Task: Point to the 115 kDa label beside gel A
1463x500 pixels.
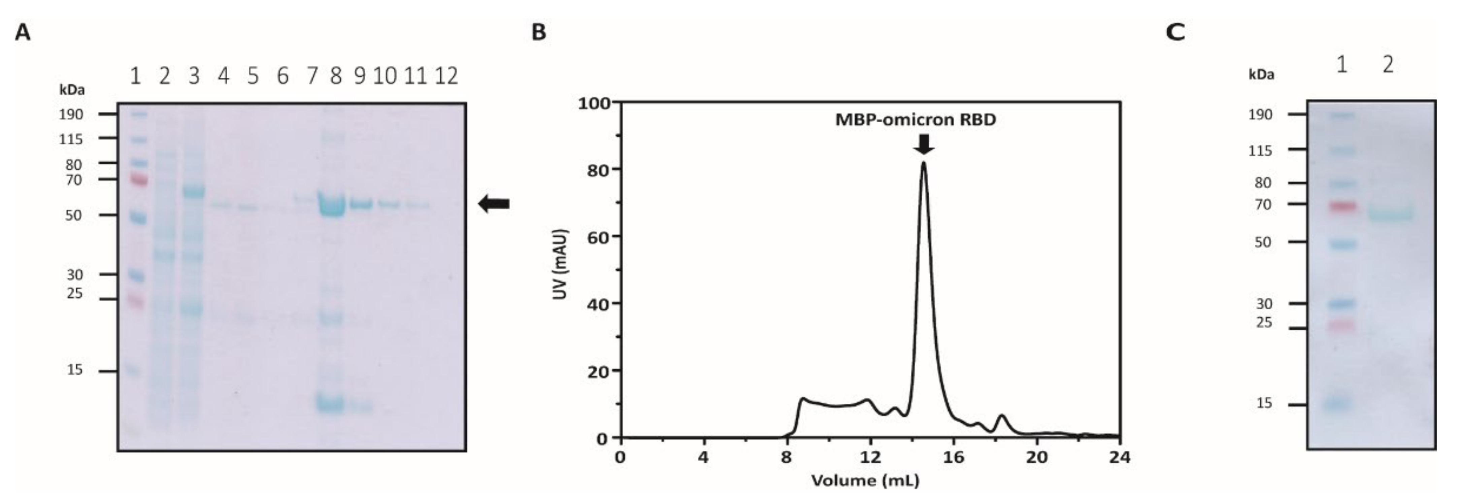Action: pyautogui.click(x=71, y=139)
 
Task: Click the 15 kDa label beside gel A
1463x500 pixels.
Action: pyautogui.click(x=74, y=370)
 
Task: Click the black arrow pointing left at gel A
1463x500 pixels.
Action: pyautogui.click(x=494, y=203)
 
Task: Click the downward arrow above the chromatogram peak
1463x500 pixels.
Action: pyautogui.click(x=924, y=144)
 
